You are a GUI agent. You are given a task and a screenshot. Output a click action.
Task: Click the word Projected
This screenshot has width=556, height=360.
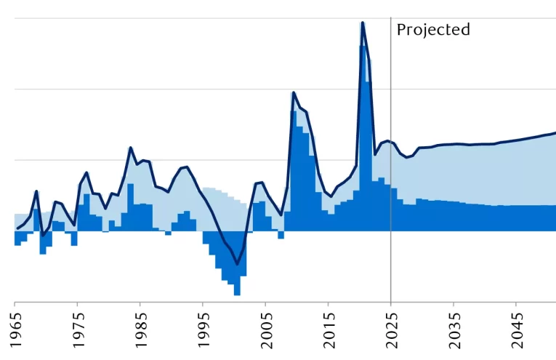pos(433,30)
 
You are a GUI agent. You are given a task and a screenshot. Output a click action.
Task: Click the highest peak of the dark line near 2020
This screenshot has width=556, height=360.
pos(362,23)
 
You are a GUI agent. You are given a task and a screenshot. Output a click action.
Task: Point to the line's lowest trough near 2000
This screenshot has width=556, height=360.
pos(236,263)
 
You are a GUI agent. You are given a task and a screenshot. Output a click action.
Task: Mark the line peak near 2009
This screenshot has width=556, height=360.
pos(293,92)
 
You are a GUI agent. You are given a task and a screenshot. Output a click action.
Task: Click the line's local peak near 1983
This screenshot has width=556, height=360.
pos(130,148)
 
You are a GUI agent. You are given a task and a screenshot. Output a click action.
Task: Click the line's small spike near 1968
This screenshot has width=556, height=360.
pos(36,191)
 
